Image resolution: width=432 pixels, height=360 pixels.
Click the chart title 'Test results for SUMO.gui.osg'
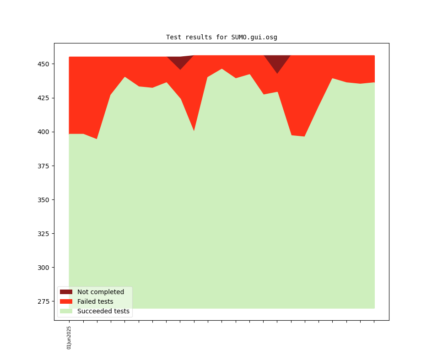(221, 37)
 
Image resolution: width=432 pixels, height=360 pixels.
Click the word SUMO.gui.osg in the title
(254, 37)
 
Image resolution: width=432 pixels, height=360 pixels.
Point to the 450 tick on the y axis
(45, 64)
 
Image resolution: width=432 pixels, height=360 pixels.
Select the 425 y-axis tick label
(45, 98)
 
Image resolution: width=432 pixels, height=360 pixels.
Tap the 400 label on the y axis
(45, 132)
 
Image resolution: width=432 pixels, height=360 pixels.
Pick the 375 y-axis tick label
(45, 166)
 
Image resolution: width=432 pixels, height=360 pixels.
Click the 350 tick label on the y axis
(45, 200)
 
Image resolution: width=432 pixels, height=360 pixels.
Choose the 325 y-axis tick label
(45, 234)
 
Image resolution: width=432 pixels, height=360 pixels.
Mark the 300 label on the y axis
(45, 268)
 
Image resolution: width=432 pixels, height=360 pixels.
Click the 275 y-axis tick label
(45, 301)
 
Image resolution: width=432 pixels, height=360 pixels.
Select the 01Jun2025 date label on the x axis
(69, 338)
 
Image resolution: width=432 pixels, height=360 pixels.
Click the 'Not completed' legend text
(101, 292)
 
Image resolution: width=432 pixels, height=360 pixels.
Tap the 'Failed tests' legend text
(95, 301)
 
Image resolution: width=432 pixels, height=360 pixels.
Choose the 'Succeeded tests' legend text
(103, 312)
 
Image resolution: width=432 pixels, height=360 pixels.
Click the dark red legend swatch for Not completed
(66, 292)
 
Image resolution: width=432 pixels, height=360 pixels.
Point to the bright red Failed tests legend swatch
(66, 301)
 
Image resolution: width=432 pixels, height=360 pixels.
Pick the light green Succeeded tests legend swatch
(66, 312)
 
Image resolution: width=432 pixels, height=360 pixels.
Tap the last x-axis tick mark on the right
(374, 322)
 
